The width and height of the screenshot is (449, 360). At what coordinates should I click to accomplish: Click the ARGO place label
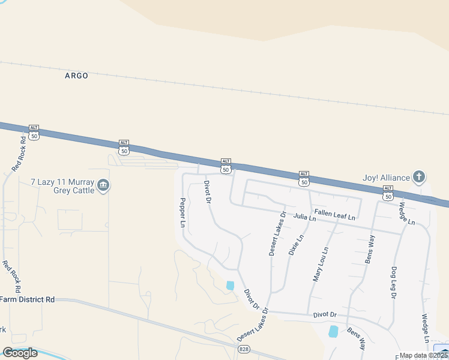pyautogui.click(x=76, y=76)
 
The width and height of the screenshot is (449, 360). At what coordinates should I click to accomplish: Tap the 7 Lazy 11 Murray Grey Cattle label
pyautogui.click(x=62, y=185)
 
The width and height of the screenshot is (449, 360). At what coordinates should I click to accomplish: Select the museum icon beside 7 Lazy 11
pyautogui.click(x=103, y=185)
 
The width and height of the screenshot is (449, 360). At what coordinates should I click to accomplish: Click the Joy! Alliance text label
pyautogui.click(x=386, y=177)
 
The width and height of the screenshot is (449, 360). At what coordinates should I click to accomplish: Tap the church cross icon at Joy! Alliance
pyautogui.click(x=419, y=177)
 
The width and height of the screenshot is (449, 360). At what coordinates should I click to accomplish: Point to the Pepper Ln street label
pyautogui.click(x=182, y=212)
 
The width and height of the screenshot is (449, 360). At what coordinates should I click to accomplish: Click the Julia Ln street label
pyautogui.click(x=304, y=217)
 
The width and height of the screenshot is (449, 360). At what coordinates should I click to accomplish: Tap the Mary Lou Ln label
pyautogui.click(x=321, y=265)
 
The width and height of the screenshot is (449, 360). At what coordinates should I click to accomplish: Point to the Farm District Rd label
pyautogui.click(x=27, y=299)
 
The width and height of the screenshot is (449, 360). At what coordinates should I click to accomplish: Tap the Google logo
pyautogui.click(x=20, y=352)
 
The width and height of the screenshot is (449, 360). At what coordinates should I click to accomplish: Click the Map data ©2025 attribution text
pyautogui.click(x=424, y=355)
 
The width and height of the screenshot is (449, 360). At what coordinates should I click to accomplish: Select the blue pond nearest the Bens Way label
pyautogui.click(x=333, y=331)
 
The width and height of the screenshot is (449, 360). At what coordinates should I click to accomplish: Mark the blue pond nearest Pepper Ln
pyautogui.click(x=230, y=286)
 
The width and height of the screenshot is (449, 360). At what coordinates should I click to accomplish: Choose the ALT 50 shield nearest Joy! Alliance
pyautogui.click(x=388, y=193)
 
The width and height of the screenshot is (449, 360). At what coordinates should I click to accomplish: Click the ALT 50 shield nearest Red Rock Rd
pyautogui.click(x=34, y=133)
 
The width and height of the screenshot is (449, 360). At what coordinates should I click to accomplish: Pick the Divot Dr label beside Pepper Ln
pyautogui.click(x=207, y=191)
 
